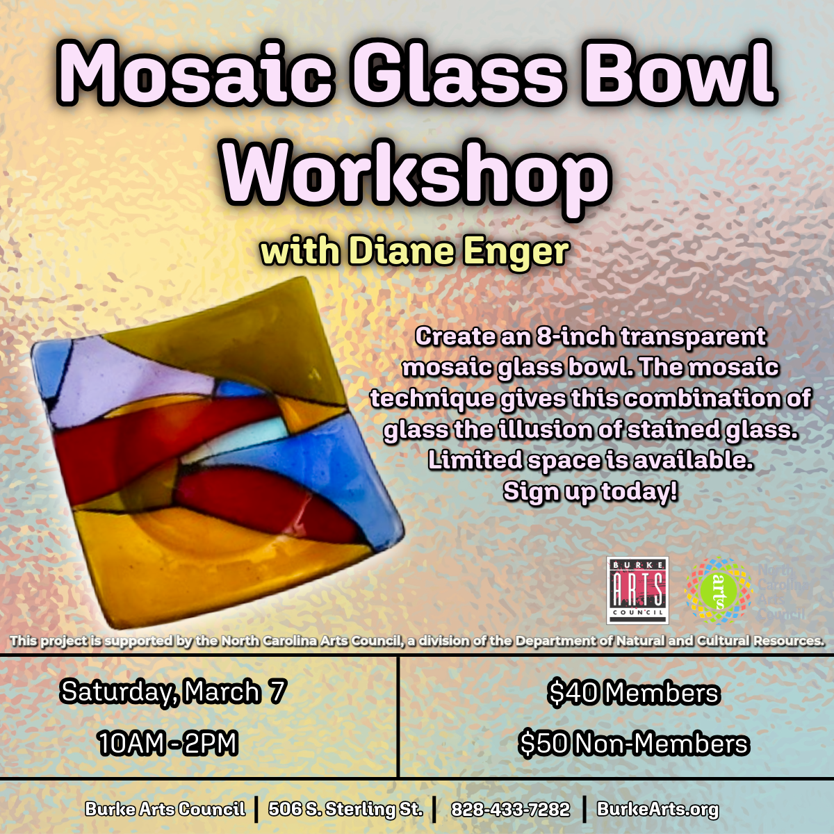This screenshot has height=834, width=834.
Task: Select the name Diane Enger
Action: (x=459, y=251)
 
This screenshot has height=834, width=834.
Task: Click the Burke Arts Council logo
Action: (x=637, y=590)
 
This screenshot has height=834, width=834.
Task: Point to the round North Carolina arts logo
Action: (x=719, y=590)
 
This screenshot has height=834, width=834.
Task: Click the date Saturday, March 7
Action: (x=173, y=692)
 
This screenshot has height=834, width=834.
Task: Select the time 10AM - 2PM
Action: (x=167, y=744)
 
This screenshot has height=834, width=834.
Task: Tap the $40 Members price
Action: (x=633, y=693)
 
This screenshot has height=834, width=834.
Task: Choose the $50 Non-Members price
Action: (x=633, y=744)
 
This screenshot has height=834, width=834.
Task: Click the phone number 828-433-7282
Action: (x=510, y=809)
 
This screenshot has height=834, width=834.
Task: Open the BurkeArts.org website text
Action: (x=657, y=809)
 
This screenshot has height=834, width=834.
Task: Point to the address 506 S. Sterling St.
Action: (x=345, y=809)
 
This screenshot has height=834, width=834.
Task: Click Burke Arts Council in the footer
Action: (x=165, y=809)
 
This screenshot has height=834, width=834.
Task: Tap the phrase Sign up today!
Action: (x=590, y=491)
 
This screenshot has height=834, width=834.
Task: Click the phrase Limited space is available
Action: (x=590, y=460)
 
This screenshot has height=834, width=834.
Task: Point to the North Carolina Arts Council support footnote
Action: (x=417, y=641)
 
